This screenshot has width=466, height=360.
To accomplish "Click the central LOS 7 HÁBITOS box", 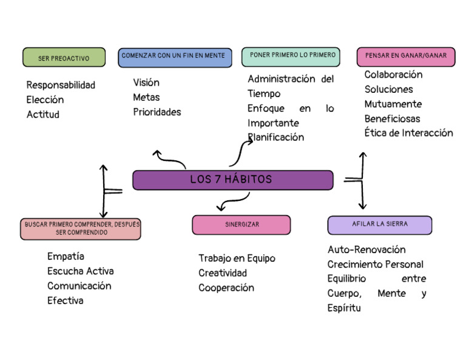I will [232, 180].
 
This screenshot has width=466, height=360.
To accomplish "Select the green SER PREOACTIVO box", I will [64, 58].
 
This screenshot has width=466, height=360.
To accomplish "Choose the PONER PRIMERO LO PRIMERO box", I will [291, 56].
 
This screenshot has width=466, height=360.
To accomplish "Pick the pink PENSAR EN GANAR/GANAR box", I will [405, 56].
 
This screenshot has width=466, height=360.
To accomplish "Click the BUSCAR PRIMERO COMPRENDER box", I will [82, 229].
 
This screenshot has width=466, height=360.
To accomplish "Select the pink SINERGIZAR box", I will [241, 225].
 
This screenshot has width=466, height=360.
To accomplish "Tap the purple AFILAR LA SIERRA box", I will [379, 225].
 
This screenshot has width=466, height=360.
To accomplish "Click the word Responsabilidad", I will [61, 85].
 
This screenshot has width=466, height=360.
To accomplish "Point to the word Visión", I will [146, 83].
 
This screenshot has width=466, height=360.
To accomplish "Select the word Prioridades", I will [157, 112].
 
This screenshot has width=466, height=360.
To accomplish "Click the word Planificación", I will [276, 138].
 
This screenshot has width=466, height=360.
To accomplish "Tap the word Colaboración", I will [393, 75].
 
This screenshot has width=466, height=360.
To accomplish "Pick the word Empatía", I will [66, 256].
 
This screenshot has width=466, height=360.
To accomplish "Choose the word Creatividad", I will [223, 273].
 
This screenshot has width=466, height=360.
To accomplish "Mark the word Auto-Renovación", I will [366, 250].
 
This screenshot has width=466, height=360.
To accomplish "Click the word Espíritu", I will [344, 308].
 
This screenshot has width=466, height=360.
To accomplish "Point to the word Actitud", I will [43, 115].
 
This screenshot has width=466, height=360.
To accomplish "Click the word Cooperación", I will [226, 288].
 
